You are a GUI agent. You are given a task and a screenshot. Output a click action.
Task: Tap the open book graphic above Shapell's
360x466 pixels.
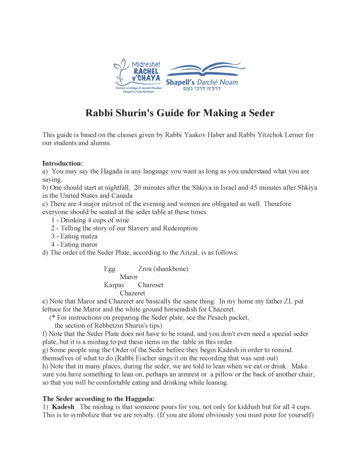202,69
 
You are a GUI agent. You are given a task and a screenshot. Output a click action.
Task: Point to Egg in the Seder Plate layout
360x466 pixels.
110,269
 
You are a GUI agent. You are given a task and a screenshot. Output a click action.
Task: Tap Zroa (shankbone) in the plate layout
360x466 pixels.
163,269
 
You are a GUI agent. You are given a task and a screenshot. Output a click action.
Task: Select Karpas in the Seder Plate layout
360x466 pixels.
114,285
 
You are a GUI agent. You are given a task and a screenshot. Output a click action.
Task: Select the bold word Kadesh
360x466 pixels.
63,406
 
